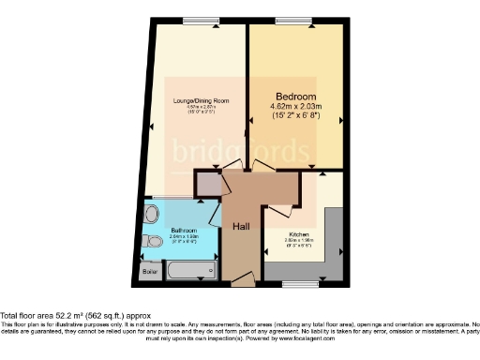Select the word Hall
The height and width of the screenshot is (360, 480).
(x=241, y=225)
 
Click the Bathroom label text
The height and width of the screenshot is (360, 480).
(x=183, y=230)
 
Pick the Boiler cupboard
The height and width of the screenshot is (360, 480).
(x=150, y=272)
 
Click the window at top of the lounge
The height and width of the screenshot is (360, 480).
(x=196, y=22)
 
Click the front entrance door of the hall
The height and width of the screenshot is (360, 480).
(x=241, y=278)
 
